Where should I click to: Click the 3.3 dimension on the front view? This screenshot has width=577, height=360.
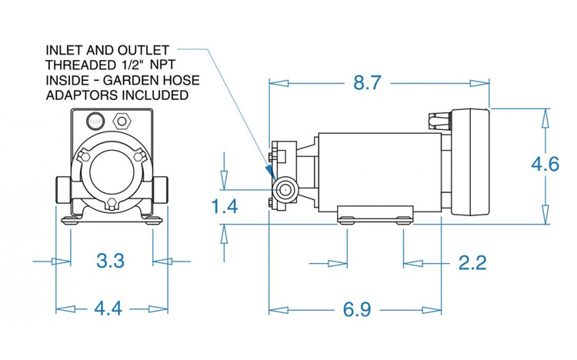click(x=111, y=261)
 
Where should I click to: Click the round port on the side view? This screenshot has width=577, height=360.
click(x=285, y=189)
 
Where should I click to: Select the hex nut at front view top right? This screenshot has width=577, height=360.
click(x=121, y=121)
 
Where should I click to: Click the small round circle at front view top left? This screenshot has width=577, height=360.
click(x=95, y=120)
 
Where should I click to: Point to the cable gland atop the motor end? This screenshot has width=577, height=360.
click(x=435, y=119)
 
